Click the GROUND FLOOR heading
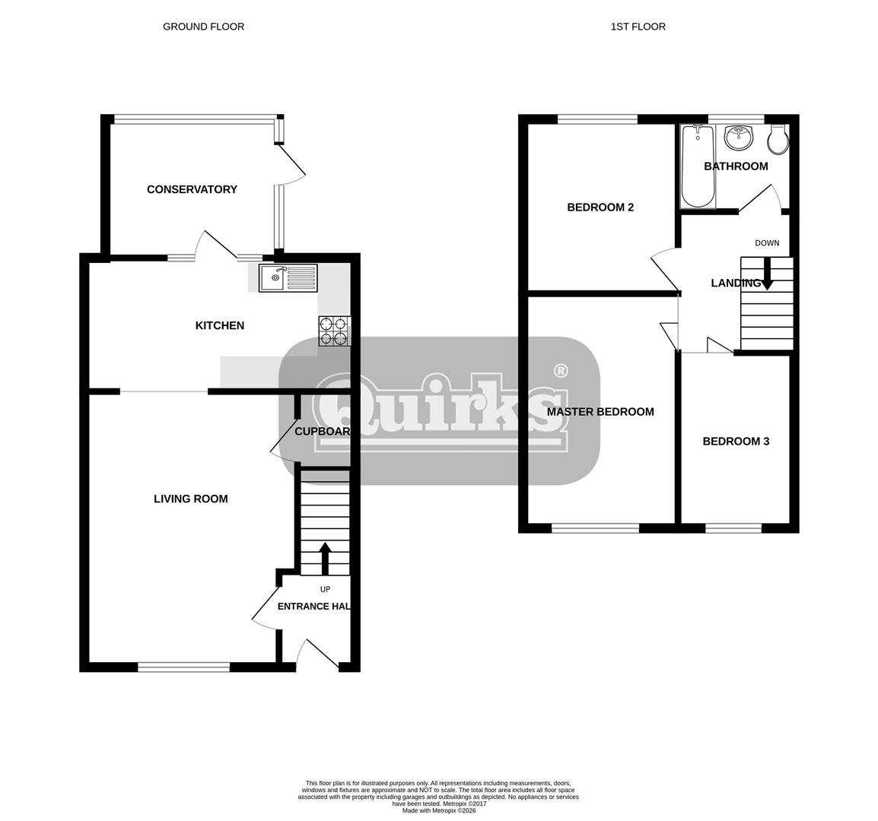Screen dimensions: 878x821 click(x=203, y=27)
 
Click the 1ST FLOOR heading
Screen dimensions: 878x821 click(x=638, y=27)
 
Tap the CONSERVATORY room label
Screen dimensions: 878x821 click(x=192, y=189)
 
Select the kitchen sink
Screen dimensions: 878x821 click(x=288, y=277)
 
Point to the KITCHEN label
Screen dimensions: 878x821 click(x=219, y=325)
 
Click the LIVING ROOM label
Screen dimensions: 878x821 click(x=191, y=499)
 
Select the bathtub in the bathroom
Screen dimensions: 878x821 click(x=698, y=166)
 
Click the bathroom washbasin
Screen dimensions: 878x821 click(x=739, y=138)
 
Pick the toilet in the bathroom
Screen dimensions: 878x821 click(x=778, y=140)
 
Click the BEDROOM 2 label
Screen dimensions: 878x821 click(x=600, y=207)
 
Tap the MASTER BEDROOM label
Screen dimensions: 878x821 click(x=600, y=412)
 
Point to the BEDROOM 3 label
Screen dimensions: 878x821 click(x=736, y=441)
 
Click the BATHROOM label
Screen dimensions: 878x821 click(x=736, y=166)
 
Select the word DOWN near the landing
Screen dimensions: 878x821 click(x=767, y=243)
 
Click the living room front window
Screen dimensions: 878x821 click(x=183, y=667)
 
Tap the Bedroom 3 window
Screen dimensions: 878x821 click(x=733, y=528)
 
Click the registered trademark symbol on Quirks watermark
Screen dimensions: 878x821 click(x=561, y=370)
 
